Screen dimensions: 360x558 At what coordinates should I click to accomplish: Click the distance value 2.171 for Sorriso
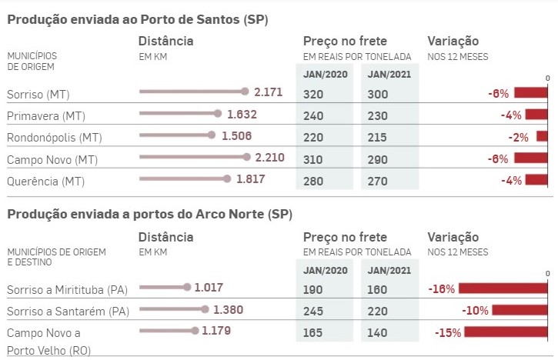269,92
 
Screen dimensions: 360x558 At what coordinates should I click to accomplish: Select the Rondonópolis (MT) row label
54,138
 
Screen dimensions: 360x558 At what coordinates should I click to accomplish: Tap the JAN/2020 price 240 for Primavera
313,115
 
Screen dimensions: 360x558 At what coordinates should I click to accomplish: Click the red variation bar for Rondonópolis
541,137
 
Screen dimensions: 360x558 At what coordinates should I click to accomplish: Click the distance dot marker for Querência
227,179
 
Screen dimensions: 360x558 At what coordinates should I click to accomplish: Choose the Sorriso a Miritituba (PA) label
68,290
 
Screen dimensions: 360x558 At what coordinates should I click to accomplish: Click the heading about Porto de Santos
138,18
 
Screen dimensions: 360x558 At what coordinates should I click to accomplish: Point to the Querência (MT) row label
45,182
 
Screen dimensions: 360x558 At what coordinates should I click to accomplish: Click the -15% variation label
447,333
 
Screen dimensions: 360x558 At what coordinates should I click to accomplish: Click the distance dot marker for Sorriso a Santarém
204,309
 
